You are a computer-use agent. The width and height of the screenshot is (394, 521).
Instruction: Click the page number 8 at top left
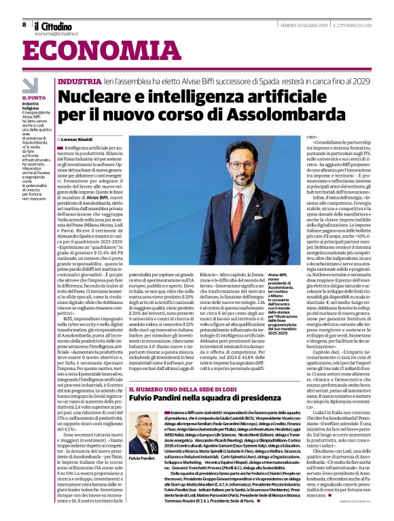24,24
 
